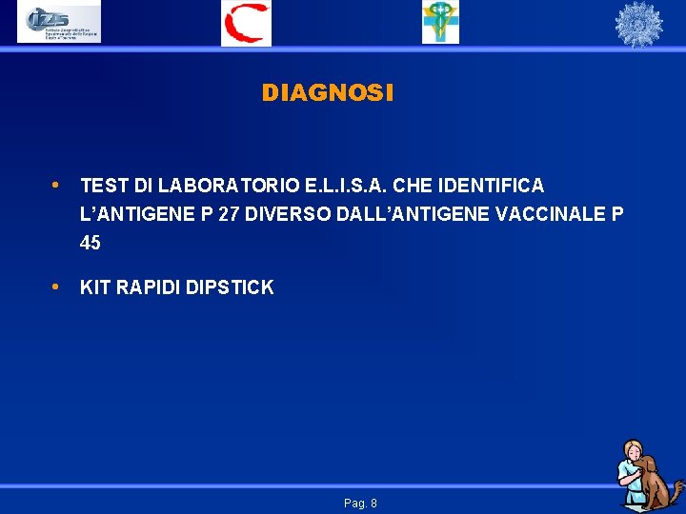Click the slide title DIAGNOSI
pos(327,92)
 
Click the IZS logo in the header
pos(59,23)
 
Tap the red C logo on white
pos(246,23)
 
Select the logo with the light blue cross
pos(440,23)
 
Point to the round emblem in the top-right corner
pos(637,24)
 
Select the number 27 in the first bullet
pos(229,214)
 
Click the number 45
pos(91,243)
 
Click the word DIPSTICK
pos(232,287)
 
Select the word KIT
pos(95,287)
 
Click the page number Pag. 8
pos(360,503)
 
